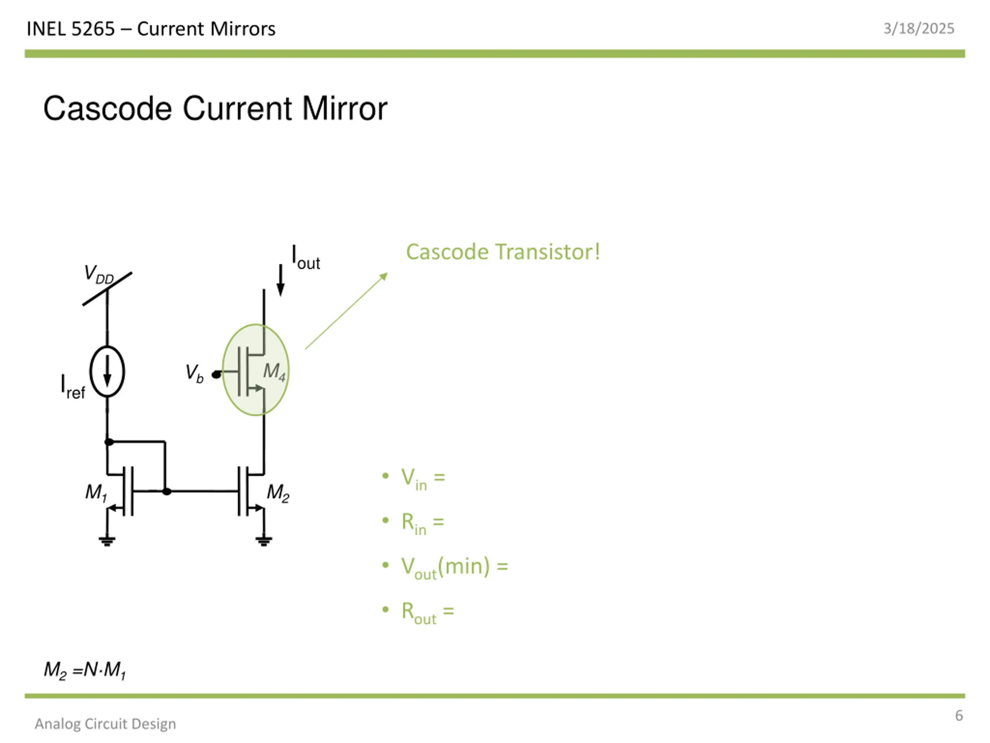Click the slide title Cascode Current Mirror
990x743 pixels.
(x=215, y=109)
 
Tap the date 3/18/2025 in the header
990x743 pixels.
(x=919, y=29)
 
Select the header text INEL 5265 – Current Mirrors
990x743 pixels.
(x=151, y=29)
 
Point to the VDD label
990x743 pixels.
(x=99, y=274)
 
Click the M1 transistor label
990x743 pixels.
(x=96, y=493)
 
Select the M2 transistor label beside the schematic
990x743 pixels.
(x=278, y=493)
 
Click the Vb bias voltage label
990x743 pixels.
(x=195, y=373)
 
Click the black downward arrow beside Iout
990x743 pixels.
(x=281, y=280)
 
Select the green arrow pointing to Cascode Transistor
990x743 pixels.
(x=346, y=311)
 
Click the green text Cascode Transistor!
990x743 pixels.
(x=503, y=252)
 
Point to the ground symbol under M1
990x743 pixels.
(x=107, y=541)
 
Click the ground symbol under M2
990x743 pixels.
(x=264, y=541)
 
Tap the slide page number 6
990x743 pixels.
(x=959, y=716)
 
